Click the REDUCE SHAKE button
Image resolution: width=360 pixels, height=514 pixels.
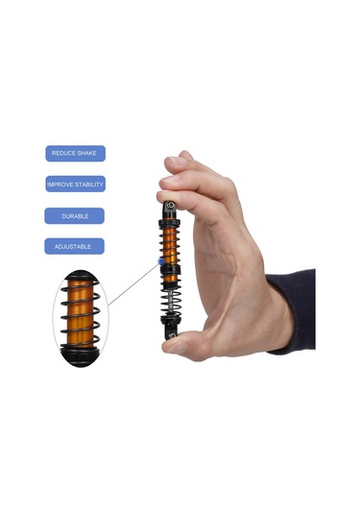(75, 154)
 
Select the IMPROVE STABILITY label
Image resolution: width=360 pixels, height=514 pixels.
(75, 184)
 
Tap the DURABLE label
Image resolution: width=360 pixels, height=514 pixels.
(74, 216)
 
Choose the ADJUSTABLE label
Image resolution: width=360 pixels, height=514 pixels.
(74, 246)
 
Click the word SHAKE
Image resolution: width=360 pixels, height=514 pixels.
(85, 153)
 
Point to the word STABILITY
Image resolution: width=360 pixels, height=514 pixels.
(89, 184)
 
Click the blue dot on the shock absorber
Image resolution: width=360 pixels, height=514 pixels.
(161, 261)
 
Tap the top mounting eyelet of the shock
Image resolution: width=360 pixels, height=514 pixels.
(170, 206)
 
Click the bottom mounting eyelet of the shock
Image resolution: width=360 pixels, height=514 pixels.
(171, 333)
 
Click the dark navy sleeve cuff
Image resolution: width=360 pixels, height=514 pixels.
(292, 311)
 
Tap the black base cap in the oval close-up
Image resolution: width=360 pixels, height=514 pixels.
(80, 355)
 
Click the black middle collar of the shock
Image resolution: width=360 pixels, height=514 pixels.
(170, 270)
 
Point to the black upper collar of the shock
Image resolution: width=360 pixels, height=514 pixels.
(169, 224)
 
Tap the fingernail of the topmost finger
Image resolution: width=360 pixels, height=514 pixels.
(176, 160)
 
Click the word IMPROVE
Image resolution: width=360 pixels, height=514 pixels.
(60, 184)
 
